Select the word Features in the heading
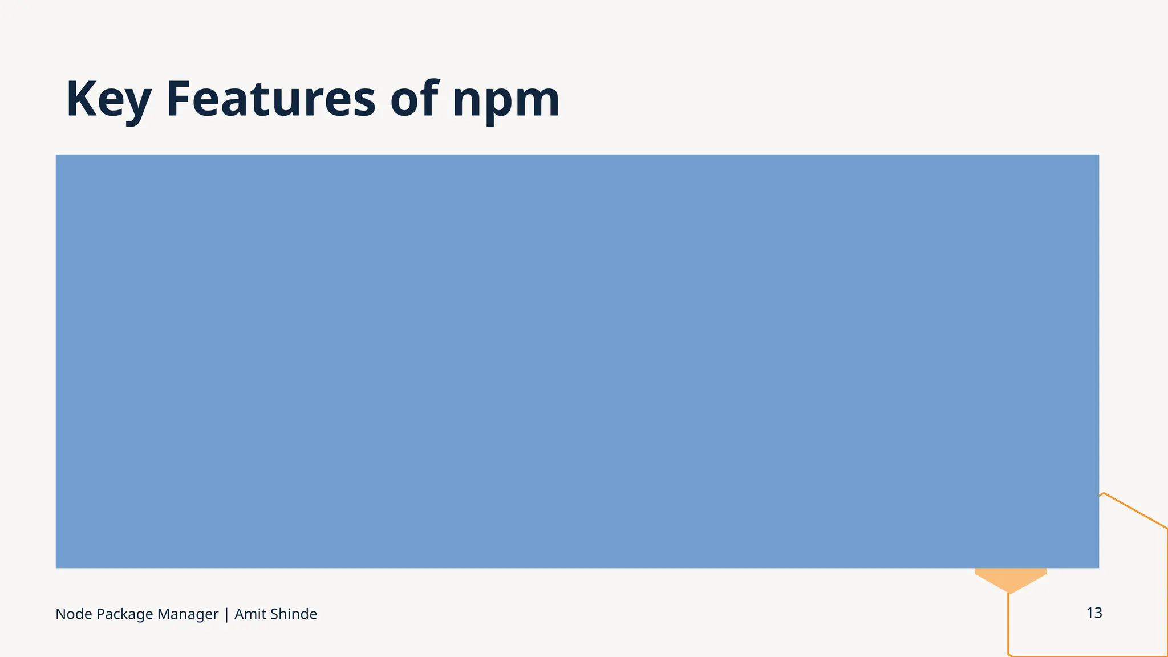point(270,99)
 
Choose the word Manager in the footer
point(188,614)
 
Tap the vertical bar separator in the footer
point(226,614)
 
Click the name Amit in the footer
point(249,614)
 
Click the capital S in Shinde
point(274,614)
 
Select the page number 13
point(1094,613)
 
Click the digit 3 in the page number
point(1098,613)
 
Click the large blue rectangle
point(577,361)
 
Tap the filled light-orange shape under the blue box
point(1010,578)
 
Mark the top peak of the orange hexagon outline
point(1104,493)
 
